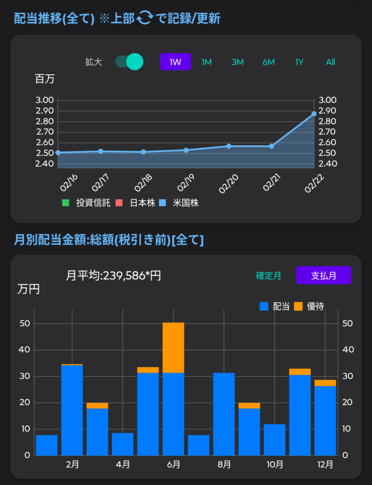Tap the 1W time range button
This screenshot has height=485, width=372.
pos(175,62)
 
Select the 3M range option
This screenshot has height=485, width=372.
pos(237,62)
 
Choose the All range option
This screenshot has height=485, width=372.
pos(330,62)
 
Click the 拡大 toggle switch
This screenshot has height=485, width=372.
pos(130,61)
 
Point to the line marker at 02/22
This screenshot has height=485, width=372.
pos(314,114)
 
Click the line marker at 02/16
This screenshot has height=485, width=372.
pos(58,152)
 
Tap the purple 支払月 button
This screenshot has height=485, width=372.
pos(324,275)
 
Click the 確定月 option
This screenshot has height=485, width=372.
pos(268,275)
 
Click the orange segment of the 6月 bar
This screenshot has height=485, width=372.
pos(173,347)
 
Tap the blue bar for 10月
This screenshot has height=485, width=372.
pos(274,439)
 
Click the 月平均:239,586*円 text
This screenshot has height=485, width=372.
pos(113,275)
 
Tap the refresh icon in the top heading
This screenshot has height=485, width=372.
pos(144,18)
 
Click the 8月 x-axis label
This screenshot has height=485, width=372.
pos(224,464)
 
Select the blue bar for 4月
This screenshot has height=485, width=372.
pos(123,444)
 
